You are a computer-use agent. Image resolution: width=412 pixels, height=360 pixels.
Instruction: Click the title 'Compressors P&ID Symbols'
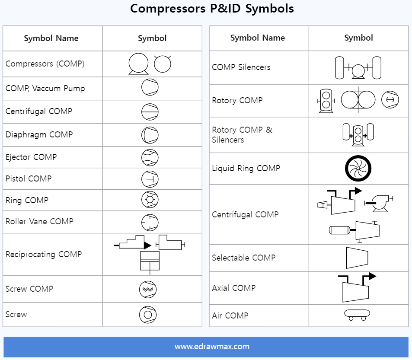point(212,9)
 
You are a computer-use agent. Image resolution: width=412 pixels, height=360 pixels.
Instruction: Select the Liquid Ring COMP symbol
point(358,169)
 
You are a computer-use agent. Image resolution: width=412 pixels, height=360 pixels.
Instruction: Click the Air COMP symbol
point(357,315)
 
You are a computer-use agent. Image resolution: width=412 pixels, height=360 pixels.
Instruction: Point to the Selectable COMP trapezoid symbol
point(357,258)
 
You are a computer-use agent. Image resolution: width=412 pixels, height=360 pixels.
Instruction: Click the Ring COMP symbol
point(150,200)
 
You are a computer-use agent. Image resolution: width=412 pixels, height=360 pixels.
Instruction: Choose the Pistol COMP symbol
point(150,178)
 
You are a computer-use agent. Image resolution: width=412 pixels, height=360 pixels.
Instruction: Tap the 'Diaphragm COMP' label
point(39,134)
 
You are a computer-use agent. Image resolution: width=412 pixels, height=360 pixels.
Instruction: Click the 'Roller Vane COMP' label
point(39,221)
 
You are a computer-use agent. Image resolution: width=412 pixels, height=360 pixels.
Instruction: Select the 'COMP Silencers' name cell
point(241,67)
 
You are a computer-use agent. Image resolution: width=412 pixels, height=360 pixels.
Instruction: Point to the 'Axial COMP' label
point(234,288)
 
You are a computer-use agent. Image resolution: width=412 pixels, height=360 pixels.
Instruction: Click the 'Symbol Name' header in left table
point(51,38)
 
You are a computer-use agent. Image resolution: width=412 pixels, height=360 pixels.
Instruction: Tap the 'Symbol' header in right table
point(358,38)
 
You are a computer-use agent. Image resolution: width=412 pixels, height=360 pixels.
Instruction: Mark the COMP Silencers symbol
point(358,68)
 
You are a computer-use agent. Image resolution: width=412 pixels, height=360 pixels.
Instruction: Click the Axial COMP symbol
point(355,289)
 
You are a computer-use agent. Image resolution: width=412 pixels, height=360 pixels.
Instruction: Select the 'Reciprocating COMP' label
point(44,254)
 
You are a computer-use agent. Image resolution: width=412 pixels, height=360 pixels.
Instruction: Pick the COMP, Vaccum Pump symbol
point(150,88)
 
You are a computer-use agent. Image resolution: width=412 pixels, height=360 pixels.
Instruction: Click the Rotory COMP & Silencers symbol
point(358,135)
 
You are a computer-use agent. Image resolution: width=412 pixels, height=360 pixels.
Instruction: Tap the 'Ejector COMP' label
point(31,157)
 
